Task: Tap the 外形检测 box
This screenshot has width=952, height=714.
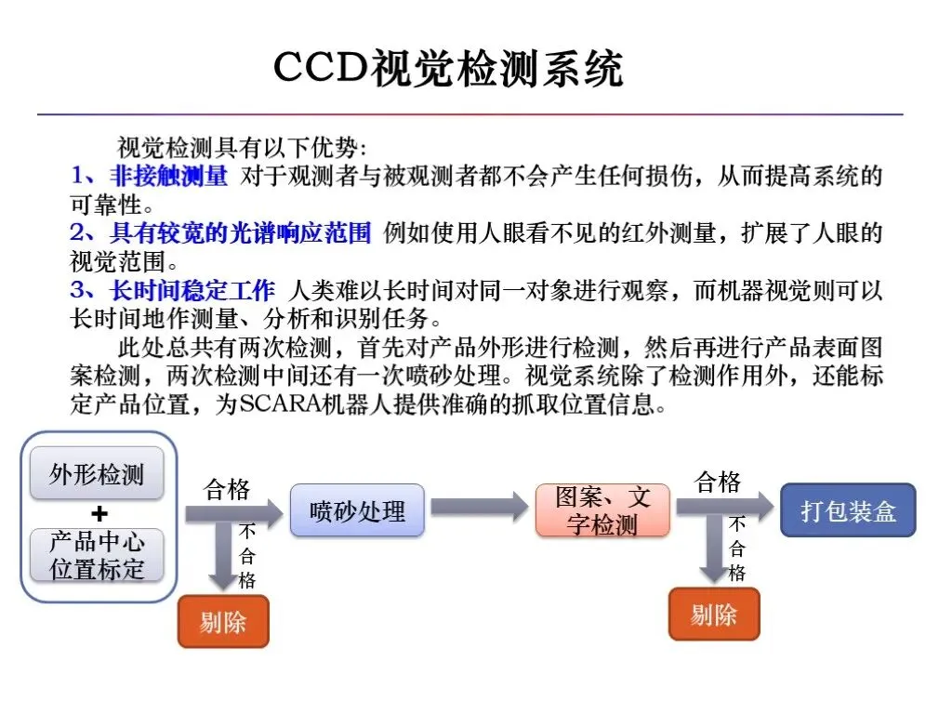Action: point(97,475)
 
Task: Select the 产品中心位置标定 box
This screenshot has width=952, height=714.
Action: point(97,556)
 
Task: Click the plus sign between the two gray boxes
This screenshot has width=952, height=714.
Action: point(99,514)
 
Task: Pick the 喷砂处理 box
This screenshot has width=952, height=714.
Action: point(357,510)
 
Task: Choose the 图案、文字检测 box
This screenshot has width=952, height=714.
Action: point(602,510)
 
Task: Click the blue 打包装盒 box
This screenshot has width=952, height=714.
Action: point(847,510)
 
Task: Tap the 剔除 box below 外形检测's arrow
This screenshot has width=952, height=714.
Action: point(223,621)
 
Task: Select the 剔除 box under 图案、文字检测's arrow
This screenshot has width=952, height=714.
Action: point(714,615)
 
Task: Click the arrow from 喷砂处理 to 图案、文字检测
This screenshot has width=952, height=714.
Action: point(479,508)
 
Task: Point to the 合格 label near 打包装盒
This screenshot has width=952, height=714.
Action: point(718,482)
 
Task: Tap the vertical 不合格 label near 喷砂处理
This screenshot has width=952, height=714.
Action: point(247,556)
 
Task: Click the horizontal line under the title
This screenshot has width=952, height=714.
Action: point(469,114)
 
